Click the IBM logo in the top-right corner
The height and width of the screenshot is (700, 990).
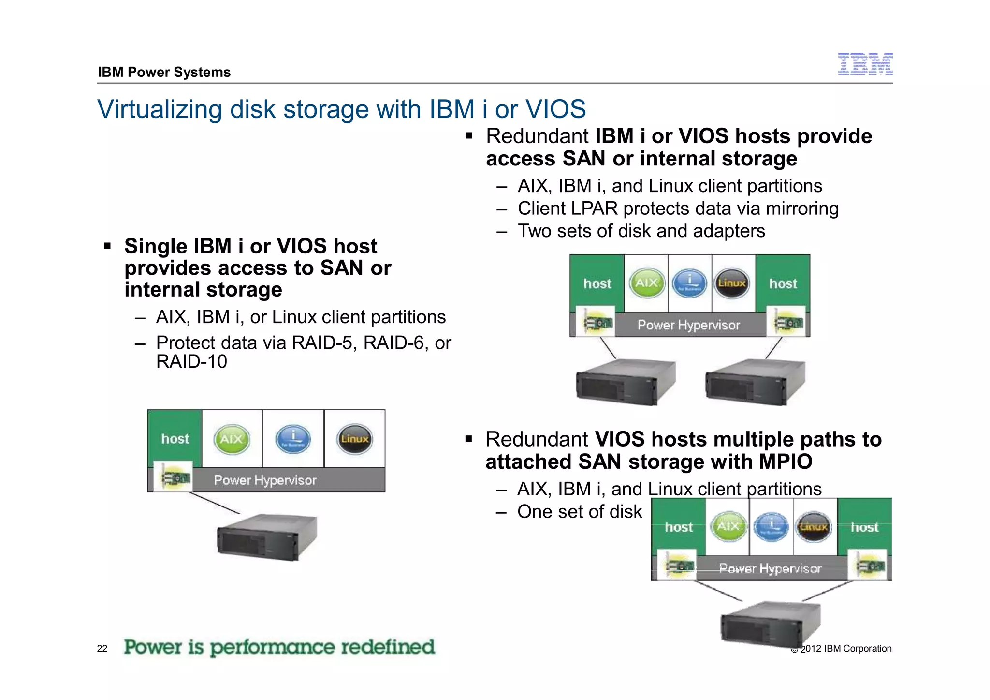coord(865,64)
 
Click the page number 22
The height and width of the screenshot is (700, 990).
coord(102,649)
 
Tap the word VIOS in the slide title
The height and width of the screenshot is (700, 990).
coord(555,109)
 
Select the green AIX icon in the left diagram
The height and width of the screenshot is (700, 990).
coord(232,439)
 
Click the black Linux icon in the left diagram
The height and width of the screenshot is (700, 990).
coord(354,439)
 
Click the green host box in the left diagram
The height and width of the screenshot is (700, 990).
coord(175,438)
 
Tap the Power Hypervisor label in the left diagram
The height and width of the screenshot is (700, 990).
coord(265,480)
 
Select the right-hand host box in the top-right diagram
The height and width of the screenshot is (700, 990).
coord(783,283)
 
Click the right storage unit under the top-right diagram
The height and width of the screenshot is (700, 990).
coord(755,382)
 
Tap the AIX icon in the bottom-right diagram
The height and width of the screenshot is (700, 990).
coord(728,527)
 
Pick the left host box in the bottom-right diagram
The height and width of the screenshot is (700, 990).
coord(679,527)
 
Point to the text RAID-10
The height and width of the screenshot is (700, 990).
coord(191,362)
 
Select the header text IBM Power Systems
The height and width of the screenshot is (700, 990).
coord(164,73)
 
